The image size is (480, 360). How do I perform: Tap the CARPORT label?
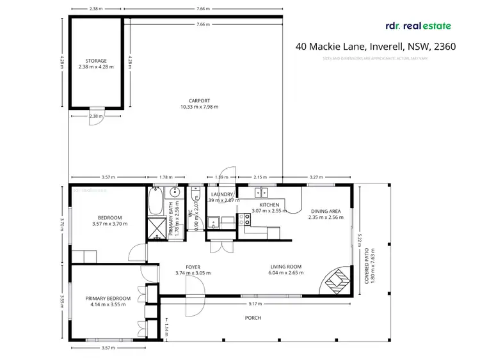point(199,100)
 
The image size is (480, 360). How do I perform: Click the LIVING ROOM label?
point(285,267)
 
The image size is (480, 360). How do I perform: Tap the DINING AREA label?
point(326,211)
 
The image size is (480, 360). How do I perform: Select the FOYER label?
point(193,267)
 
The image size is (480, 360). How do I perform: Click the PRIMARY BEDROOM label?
point(108,298)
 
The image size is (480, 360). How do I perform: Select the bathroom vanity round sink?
point(173,193)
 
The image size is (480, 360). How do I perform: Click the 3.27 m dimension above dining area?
point(316,177)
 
